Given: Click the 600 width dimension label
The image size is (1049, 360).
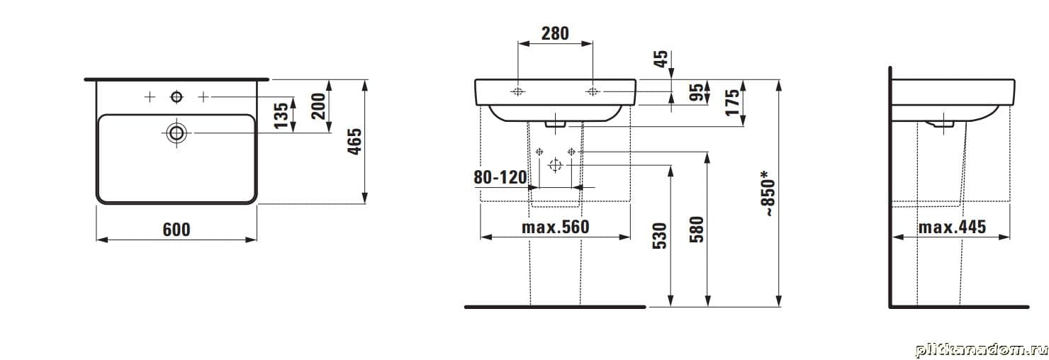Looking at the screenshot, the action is coord(176,230).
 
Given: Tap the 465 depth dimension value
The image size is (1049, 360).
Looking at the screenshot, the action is coord(354,142).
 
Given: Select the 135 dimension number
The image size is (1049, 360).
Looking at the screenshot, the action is coord(281,116).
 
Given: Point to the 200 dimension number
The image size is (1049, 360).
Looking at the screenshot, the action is coord(318,106).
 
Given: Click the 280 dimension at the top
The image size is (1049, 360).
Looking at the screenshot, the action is coord(555,33).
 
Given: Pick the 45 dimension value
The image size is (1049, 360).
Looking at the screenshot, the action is coord(661,59).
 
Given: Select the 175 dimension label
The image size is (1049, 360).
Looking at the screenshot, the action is coord(732,101).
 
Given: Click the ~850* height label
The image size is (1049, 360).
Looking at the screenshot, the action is coord(768,193).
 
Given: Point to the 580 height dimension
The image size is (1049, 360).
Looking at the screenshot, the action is coord(696,230).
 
